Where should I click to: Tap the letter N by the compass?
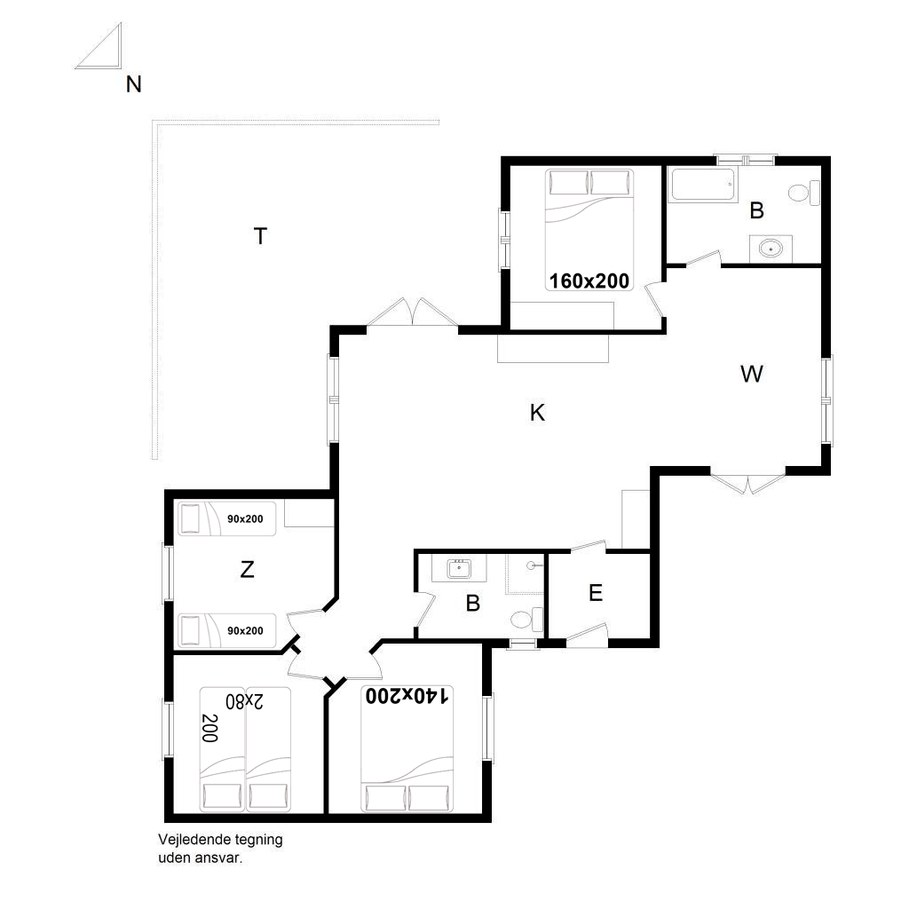(x=134, y=84)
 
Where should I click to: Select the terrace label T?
(x=260, y=236)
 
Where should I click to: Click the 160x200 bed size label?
(x=589, y=281)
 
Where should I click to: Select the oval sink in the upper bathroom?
(x=771, y=249)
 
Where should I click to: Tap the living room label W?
(x=751, y=374)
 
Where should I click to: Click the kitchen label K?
(x=537, y=413)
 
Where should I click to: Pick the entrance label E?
(x=596, y=592)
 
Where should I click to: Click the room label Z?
(x=247, y=569)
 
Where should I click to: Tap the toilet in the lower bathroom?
(x=527, y=620)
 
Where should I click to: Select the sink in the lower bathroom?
(x=459, y=569)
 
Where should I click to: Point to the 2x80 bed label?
(x=244, y=701)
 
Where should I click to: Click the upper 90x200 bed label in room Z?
(x=245, y=518)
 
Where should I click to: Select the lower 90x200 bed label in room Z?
(x=245, y=631)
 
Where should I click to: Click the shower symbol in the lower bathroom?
(x=526, y=574)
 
